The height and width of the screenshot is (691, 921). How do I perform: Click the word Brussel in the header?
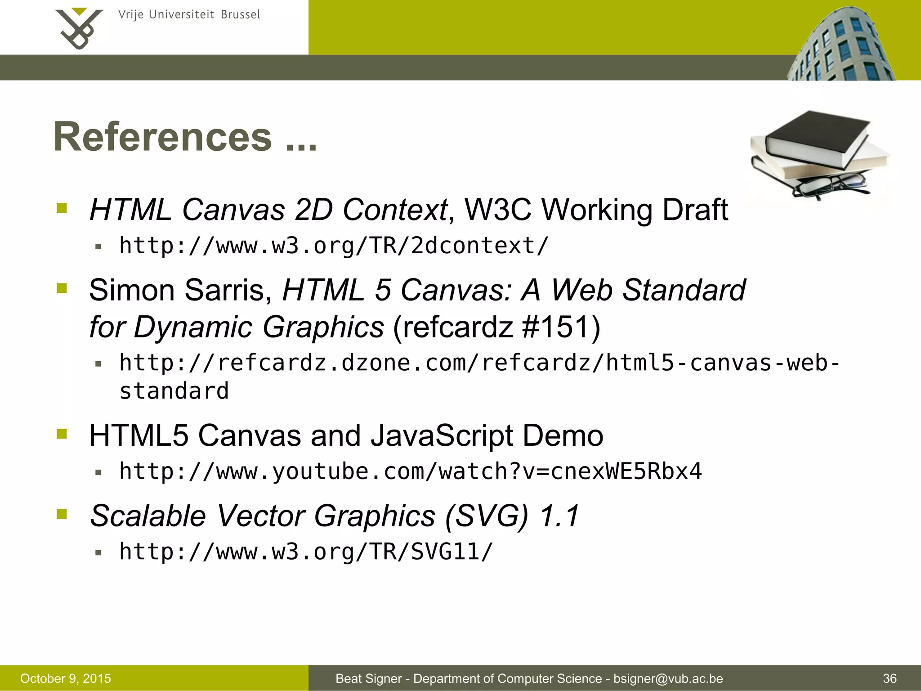point(240,15)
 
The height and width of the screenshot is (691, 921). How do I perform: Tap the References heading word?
point(163,137)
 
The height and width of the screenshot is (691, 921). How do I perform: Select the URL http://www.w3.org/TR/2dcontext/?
point(334,246)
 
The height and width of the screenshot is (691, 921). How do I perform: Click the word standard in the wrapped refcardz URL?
point(174,390)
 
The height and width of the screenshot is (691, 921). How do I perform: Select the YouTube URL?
point(410,471)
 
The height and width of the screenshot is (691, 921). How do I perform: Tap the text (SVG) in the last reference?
point(487,516)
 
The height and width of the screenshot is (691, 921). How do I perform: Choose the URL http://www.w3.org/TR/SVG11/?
point(306,552)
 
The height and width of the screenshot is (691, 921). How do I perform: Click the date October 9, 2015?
point(66,678)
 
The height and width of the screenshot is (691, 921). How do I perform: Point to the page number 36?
point(890,678)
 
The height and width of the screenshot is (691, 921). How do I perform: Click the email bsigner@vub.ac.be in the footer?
point(668,678)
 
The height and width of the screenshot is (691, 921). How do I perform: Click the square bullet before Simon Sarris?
point(62,288)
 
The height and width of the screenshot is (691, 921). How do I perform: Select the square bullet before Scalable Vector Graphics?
point(62,514)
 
